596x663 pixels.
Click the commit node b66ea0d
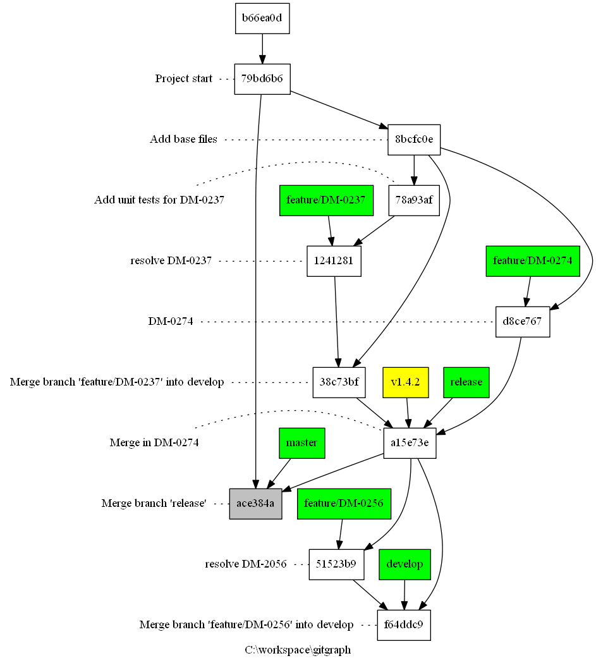click(262, 18)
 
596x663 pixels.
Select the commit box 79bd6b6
click(262, 79)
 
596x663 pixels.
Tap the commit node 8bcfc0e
click(413, 140)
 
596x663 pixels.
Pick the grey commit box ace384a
click(255, 504)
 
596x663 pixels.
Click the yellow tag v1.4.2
click(406, 382)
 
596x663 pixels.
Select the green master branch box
click(301, 443)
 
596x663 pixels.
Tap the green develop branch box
click(404, 564)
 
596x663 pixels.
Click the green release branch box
click(466, 382)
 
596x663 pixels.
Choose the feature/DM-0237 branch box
click(325, 200)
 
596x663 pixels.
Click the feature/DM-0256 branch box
click(344, 504)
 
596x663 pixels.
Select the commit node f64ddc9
click(404, 625)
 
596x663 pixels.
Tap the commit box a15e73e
click(410, 443)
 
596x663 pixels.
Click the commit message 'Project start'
click(184, 79)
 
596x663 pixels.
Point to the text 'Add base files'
click(183, 140)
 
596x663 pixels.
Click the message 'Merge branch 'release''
click(154, 504)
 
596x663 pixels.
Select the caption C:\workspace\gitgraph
click(298, 650)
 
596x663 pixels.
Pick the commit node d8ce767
click(523, 322)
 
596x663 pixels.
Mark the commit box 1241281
click(334, 261)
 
